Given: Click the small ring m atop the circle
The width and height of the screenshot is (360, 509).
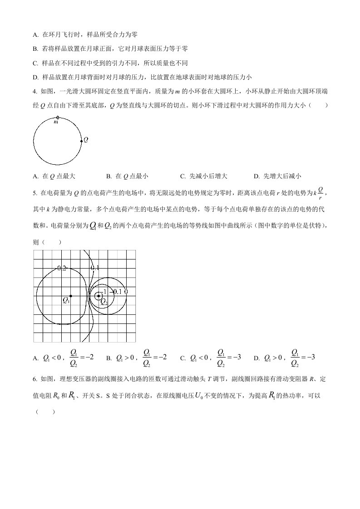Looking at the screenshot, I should click(x=57, y=117).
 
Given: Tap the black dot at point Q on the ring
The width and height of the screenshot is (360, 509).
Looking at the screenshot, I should click(x=81, y=141).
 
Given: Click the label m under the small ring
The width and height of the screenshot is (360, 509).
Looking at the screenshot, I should click(x=56, y=122).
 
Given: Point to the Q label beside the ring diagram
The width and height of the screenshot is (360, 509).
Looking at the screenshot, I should click(x=86, y=140).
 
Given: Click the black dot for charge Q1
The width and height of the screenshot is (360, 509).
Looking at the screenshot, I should click(x=71, y=296).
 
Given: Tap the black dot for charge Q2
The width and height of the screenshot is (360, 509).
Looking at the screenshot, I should click(x=99, y=296).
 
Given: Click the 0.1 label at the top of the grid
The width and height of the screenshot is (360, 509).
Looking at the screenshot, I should click(x=95, y=268).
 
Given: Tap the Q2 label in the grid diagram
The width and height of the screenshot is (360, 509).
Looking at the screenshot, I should click(x=104, y=301).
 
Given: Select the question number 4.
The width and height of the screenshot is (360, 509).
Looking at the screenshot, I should click(x=35, y=91).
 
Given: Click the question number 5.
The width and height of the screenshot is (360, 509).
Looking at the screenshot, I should click(x=35, y=193).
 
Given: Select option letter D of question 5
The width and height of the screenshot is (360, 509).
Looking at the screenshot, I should click(x=256, y=358).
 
